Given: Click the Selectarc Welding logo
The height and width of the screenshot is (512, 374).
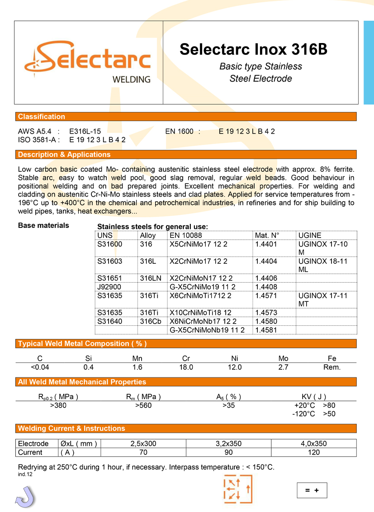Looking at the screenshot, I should click(89, 62).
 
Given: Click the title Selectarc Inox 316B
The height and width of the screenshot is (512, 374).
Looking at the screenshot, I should click(253, 49).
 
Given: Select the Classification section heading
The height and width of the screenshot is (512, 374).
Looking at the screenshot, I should click(42, 116).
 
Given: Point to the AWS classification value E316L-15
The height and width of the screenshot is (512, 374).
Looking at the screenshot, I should click(85, 131).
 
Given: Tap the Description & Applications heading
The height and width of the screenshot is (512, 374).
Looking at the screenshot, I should click(64, 155).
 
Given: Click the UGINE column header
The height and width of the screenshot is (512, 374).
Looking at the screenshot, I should click(310, 235).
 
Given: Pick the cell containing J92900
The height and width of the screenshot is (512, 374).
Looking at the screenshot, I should click(109, 287).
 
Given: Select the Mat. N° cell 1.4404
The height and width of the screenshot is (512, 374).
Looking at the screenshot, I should click(266, 261).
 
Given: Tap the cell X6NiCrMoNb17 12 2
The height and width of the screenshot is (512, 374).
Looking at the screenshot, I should click(203, 321).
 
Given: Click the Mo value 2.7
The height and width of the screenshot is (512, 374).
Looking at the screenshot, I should click(283, 367).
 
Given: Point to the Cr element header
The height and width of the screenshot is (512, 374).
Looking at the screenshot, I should click(186, 358).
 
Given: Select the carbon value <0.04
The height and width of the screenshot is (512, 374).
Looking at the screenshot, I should click(40, 367).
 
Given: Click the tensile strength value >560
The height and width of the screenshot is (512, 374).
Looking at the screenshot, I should click(143, 405).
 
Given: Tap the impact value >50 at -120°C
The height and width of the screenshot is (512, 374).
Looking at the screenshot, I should click(329, 414).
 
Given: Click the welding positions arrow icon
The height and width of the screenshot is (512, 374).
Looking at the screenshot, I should click(237, 489).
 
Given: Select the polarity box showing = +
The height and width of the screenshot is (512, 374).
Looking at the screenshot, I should click(312, 490).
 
